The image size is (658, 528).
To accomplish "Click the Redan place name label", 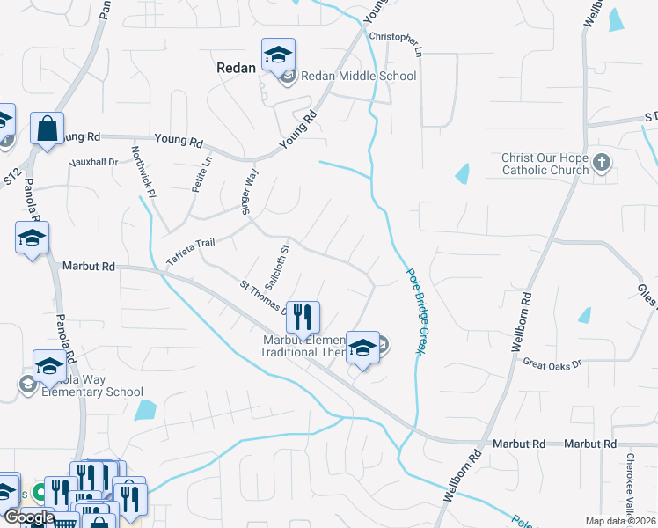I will click(236, 68).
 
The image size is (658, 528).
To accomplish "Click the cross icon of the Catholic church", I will click(602, 162).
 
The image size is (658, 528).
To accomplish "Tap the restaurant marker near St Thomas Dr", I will click(303, 318).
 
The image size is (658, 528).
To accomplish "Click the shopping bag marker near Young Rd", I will click(47, 128).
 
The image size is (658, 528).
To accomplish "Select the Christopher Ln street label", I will click(396, 40).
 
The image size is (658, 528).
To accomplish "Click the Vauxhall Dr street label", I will click(94, 162).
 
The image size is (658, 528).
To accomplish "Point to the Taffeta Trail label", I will click(191, 253).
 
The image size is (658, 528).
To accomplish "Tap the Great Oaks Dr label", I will click(552, 363).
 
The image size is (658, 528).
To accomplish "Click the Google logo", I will click(28, 517).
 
